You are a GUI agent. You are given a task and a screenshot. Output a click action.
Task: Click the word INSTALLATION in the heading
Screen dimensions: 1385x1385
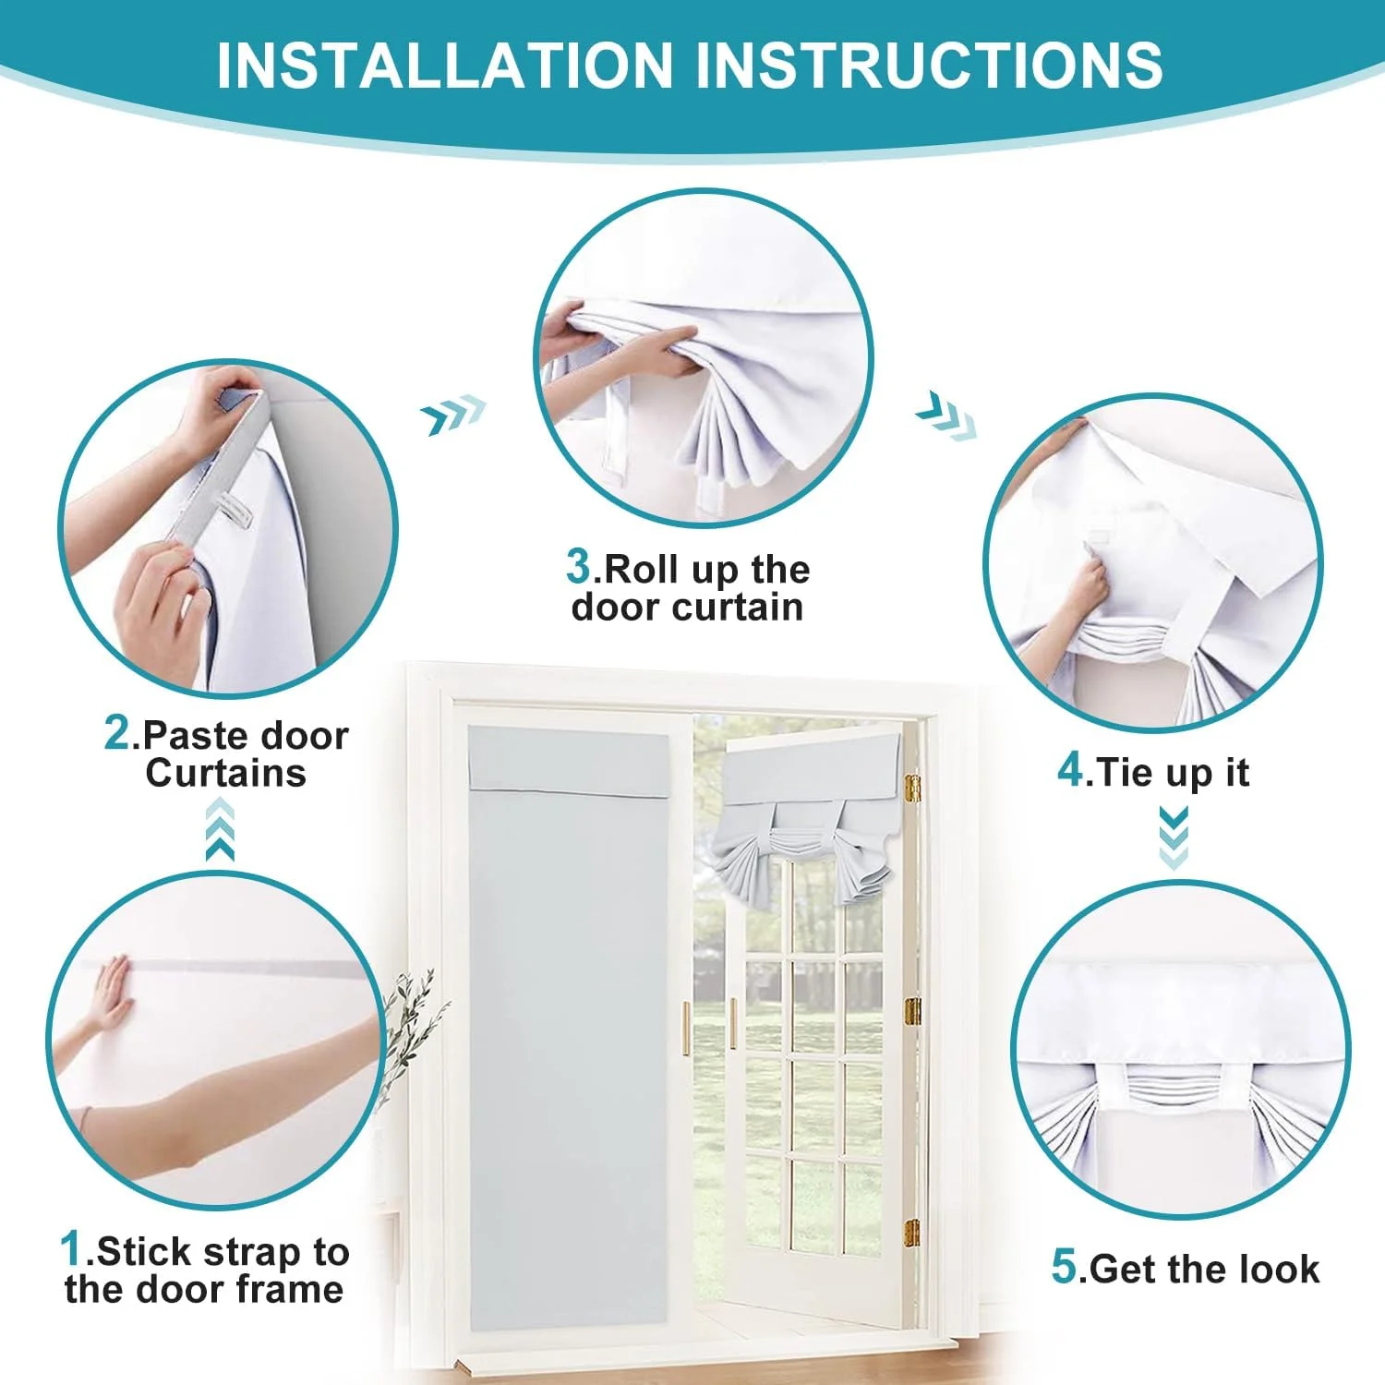445,65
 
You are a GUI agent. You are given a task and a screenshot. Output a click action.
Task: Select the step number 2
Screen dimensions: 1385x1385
117,733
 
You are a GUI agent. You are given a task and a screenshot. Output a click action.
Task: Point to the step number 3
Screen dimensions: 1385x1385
579,566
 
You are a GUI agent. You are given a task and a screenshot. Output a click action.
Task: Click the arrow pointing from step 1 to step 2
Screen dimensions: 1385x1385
220,829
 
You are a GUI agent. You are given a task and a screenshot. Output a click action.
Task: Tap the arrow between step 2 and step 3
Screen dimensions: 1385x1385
453,415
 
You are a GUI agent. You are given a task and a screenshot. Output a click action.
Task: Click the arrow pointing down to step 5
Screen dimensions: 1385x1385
1174,837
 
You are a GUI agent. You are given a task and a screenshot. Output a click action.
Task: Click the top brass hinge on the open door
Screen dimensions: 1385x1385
912,787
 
